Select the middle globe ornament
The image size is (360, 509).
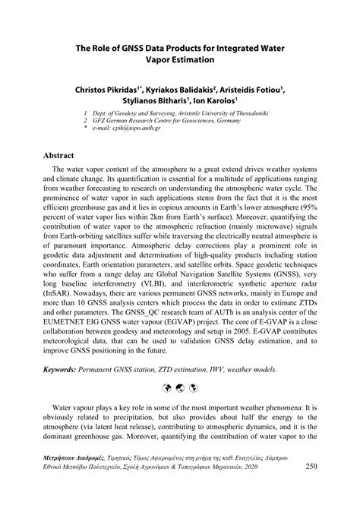pos(179,387)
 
